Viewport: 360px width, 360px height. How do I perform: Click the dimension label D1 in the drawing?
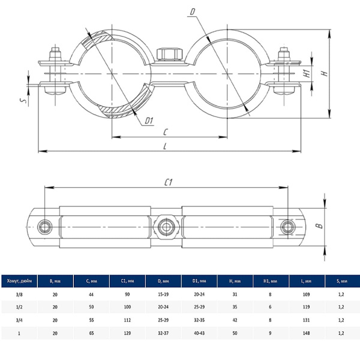point(149,121)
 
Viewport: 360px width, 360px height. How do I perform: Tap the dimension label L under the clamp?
point(165,146)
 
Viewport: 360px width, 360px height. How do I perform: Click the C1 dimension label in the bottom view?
point(169,182)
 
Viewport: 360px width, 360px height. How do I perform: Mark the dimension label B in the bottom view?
point(320,226)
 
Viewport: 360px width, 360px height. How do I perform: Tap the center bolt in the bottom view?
point(166,226)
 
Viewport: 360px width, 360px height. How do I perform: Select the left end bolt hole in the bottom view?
point(45,226)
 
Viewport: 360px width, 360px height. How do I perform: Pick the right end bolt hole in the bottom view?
point(288,226)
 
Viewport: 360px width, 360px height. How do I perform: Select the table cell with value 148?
point(305,333)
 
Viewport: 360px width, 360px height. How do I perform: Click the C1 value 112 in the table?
point(127,320)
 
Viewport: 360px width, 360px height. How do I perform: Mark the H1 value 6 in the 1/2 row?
point(270,307)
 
